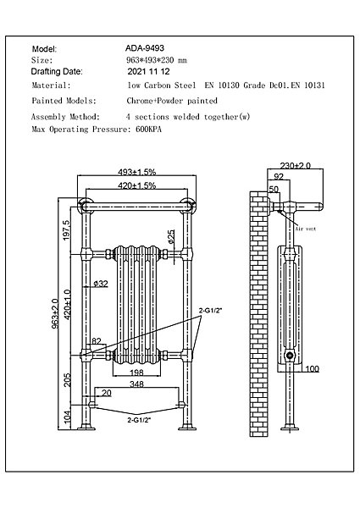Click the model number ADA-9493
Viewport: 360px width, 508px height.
tap(145, 48)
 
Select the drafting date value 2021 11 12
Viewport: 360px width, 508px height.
tap(149, 72)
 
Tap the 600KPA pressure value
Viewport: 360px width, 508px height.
tap(149, 130)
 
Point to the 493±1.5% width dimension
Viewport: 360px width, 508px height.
tap(136, 172)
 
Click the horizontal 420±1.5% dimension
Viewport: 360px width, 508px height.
tap(136, 185)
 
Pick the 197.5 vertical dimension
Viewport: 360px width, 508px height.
tap(66, 230)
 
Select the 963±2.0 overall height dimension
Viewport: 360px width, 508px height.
tap(55, 314)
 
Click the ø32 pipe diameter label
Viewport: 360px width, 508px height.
tap(101, 284)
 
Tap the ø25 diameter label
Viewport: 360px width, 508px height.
tap(171, 236)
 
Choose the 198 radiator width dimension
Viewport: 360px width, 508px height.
tap(136, 373)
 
